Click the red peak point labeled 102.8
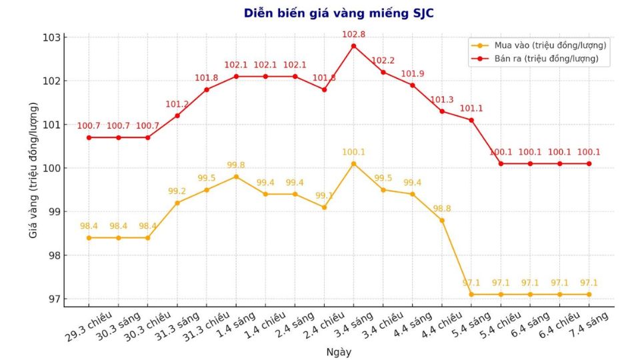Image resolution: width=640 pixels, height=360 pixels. click(x=353, y=46)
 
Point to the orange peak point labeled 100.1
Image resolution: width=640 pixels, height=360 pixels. click(x=353, y=163)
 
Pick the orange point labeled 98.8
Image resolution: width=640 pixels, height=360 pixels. click(x=442, y=220)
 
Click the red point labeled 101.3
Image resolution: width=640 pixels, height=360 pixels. click(x=442, y=111)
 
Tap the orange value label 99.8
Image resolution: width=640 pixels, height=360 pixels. click(x=236, y=165)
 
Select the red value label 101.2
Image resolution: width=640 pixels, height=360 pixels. click(x=177, y=104)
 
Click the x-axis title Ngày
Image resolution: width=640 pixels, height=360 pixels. click(x=339, y=351)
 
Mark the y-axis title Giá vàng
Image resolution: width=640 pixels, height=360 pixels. click(x=33, y=170)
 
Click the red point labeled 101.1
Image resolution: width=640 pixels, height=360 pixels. click(x=471, y=120)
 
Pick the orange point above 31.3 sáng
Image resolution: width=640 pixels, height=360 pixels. click(x=177, y=203)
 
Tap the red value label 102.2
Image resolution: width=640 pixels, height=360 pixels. click(x=383, y=61)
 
